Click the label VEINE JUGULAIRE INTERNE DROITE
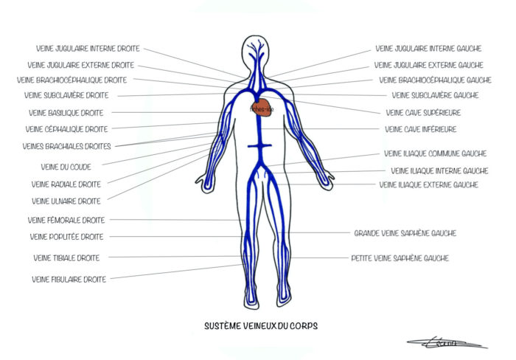click(83, 49)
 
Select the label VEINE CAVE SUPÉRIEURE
click(424, 113)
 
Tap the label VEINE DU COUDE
click(66, 167)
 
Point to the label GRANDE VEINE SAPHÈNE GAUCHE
click(405, 233)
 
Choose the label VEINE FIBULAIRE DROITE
click(69, 279)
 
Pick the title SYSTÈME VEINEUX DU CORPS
click(262, 325)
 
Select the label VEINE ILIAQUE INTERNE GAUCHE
click(439, 170)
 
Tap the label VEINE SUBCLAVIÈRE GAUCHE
click(435, 95)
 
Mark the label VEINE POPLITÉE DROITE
click(66, 237)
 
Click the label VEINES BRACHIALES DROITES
click(67, 146)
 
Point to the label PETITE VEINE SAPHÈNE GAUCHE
click(400, 258)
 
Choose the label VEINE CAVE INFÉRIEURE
click(421, 129)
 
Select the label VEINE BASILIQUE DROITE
click(66, 113)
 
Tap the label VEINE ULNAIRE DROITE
click(66, 201)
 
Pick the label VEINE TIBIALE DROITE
click(66, 257)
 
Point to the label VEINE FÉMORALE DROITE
click(66, 220)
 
